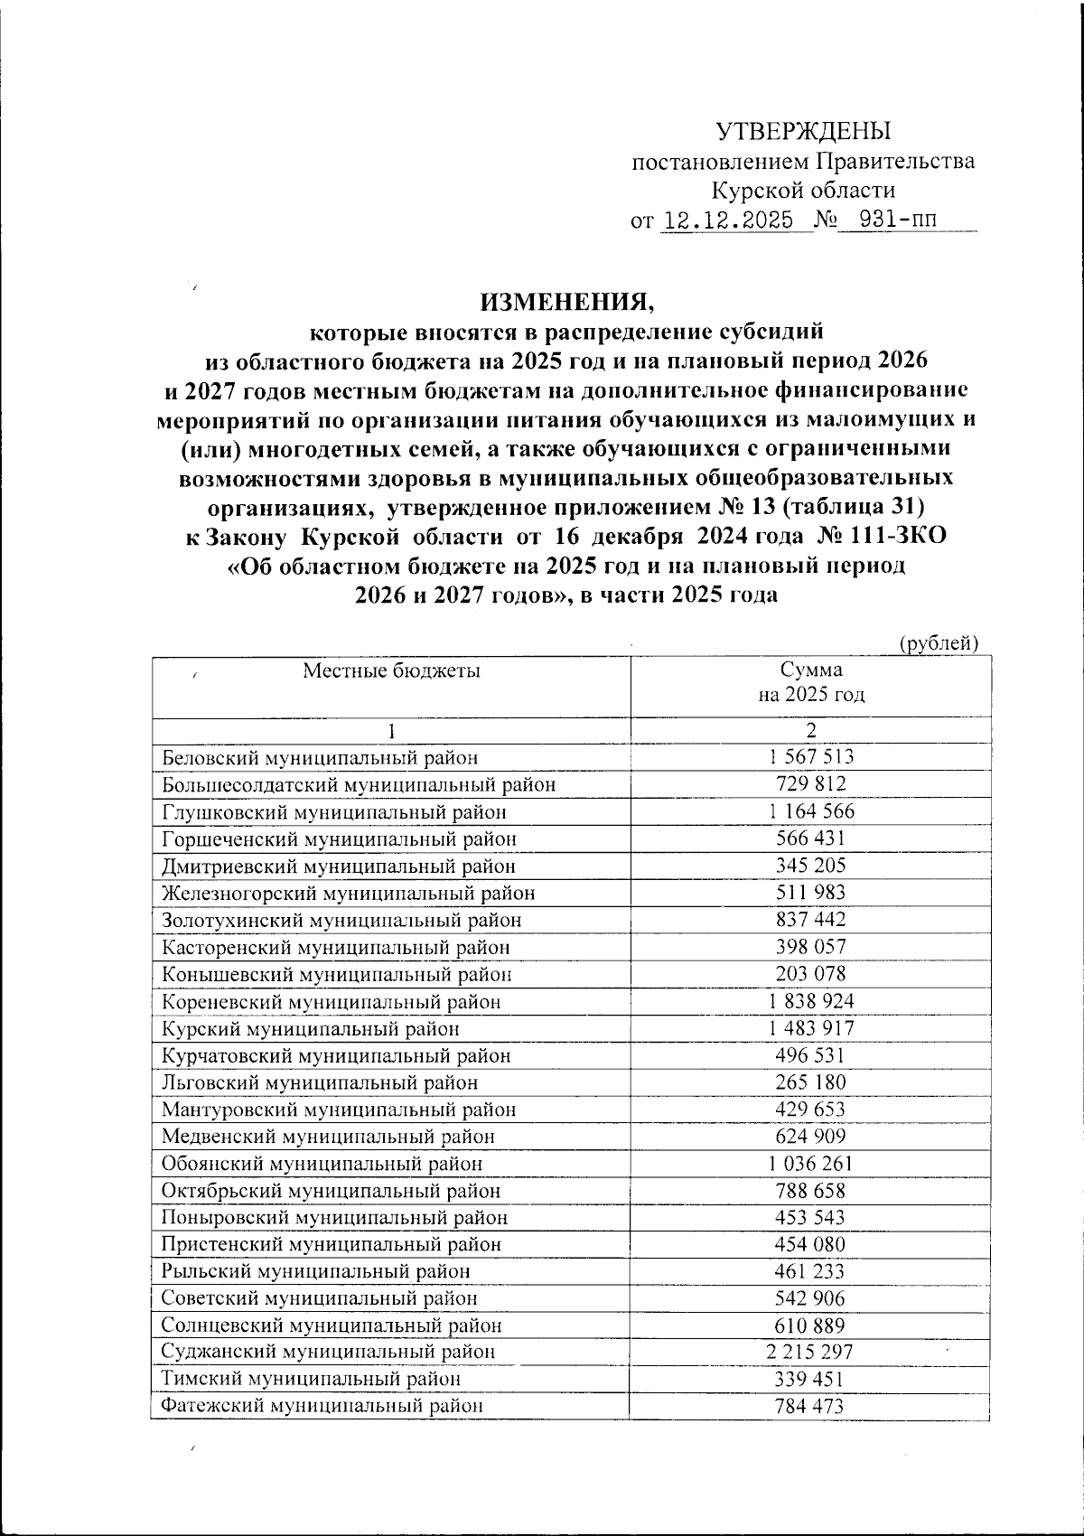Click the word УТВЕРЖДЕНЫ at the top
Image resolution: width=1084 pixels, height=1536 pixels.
coord(803,132)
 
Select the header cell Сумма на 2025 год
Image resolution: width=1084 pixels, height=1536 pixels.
coord(810,682)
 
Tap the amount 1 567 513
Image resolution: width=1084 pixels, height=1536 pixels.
coord(810,757)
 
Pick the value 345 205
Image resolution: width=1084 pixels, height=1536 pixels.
coord(810,866)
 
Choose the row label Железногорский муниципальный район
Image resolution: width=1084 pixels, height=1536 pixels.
coord(348,894)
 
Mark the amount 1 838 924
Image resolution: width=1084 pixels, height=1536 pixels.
coord(810,1001)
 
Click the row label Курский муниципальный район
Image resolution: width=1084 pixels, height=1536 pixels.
coord(310,1028)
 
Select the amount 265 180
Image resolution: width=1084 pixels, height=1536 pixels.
coord(810,1082)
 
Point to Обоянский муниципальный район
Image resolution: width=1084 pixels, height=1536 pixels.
coord(322,1164)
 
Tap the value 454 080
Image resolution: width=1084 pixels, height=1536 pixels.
coord(810,1244)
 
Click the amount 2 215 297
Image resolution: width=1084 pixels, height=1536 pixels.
coord(810,1353)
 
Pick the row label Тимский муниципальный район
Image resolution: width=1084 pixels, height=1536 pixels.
coord(311,1380)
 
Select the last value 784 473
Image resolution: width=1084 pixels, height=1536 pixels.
coord(810,1406)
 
